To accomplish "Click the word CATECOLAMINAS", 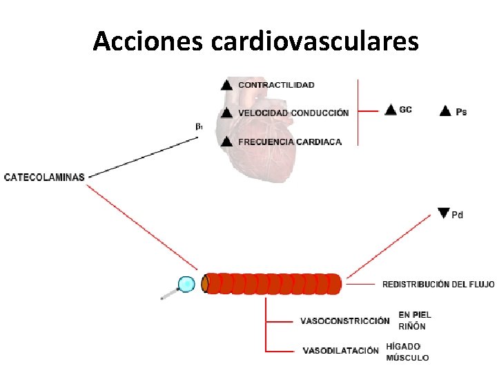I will click(x=44, y=177).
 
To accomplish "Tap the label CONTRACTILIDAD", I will click(x=276, y=85).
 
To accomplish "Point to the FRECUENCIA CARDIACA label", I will click(x=290, y=142).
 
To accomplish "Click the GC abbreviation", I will click(x=405, y=110).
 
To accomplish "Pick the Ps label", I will click(x=461, y=111).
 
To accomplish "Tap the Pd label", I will click(x=457, y=216).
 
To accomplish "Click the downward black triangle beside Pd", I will click(x=444, y=213).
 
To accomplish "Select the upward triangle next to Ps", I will click(x=445, y=110).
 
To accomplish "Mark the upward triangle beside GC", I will click(x=391, y=109).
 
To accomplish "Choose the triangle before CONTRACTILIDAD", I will click(x=226, y=85).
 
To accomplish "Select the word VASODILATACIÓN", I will click(x=340, y=350).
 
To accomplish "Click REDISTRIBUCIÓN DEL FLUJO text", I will click(x=438, y=284).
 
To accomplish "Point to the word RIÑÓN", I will click(x=412, y=327).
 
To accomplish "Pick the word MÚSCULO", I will click(x=407, y=358).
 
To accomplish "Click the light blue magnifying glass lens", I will click(x=186, y=284).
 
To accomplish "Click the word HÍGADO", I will click(x=403, y=346).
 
